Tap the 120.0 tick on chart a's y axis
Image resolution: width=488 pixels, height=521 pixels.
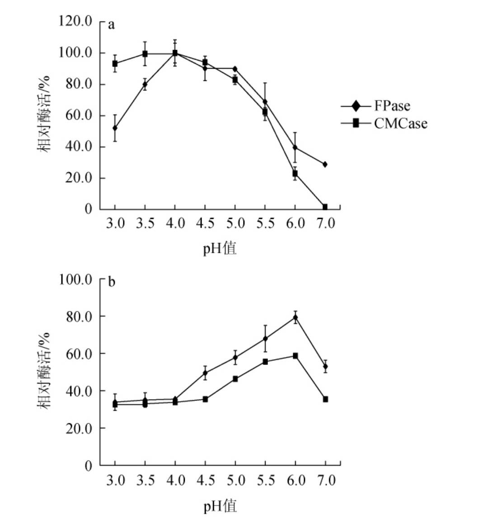pyautogui.click(x=75, y=22)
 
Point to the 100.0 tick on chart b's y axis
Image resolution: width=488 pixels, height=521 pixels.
pyautogui.click(x=75, y=279)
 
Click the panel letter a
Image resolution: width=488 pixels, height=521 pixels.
pyautogui.click(x=111, y=24)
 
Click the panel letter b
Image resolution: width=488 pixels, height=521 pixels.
pyautogui.click(x=112, y=283)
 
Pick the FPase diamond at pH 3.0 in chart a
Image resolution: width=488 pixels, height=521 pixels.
pyautogui.click(x=115, y=128)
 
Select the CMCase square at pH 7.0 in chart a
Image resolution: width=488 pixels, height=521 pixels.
pyautogui.click(x=325, y=207)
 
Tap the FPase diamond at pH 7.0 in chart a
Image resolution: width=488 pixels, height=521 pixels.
pyautogui.click(x=325, y=164)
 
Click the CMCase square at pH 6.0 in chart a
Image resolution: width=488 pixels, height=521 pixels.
pyautogui.click(x=295, y=173)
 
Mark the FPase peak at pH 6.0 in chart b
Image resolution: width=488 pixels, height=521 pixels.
pyautogui.click(x=295, y=317)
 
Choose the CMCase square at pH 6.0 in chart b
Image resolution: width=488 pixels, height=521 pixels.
pyautogui.click(x=295, y=356)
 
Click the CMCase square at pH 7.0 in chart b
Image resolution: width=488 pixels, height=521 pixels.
pyautogui.click(x=325, y=399)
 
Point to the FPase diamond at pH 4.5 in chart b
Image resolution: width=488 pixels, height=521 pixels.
pyautogui.click(x=205, y=373)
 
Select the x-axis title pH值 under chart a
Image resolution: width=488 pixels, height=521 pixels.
pyautogui.click(x=220, y=249)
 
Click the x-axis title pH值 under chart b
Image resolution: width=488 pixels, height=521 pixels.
pyautogui.click(x=220, y=506)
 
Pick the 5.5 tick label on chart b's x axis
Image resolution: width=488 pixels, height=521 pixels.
pyautogui.click(x=265, y=480)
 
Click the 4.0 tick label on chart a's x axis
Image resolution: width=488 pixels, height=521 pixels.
pyautogui.click(x=175, y=224)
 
